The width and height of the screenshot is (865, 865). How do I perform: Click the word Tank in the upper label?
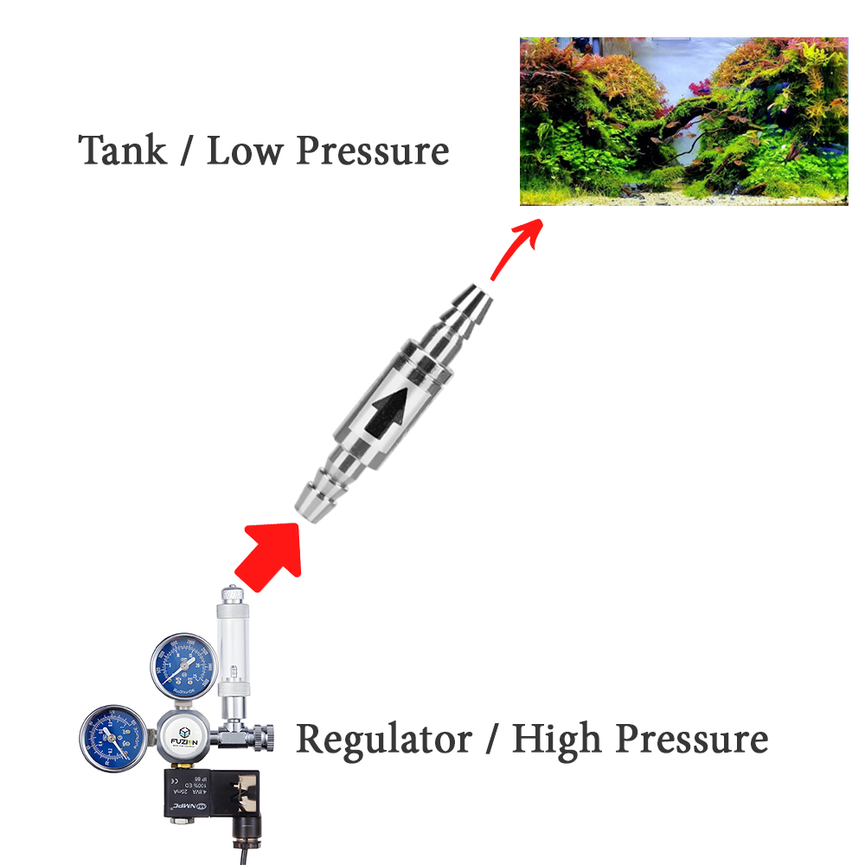pos(122,150)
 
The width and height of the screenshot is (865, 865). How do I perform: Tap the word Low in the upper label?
pos(245,150)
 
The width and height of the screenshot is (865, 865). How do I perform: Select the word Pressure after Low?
pos(373,151)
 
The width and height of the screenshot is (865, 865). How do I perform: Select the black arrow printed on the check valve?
pos(387,410)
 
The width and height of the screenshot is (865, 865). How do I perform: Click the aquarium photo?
pos(683,121)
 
